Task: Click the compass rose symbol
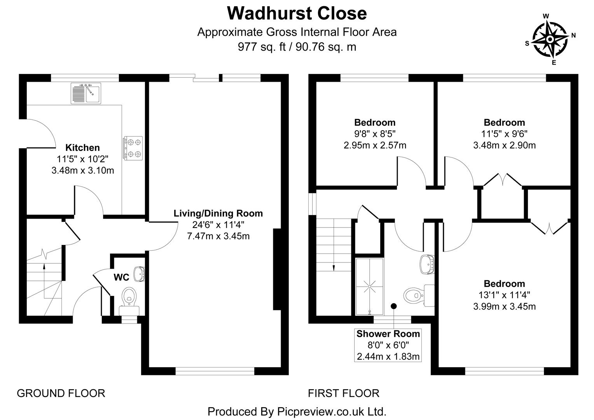(x=550, y=39)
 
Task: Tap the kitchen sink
(x=86, y=93)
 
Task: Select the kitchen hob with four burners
(x=133, y=148)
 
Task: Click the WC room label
(x=121, y=277)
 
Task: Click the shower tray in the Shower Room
(x=369, y=287)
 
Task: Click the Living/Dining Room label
(x=218, y=213)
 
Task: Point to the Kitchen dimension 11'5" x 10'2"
(x=82, y=159)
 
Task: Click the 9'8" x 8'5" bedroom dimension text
(x=375, y=134)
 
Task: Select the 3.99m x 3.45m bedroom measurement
(x=504, y=306)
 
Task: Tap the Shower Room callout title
(x=388, y=334)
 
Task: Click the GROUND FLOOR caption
(x=61, y=393)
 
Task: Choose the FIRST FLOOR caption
(x=344, y=393)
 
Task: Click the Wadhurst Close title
(x=297, y=13)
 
